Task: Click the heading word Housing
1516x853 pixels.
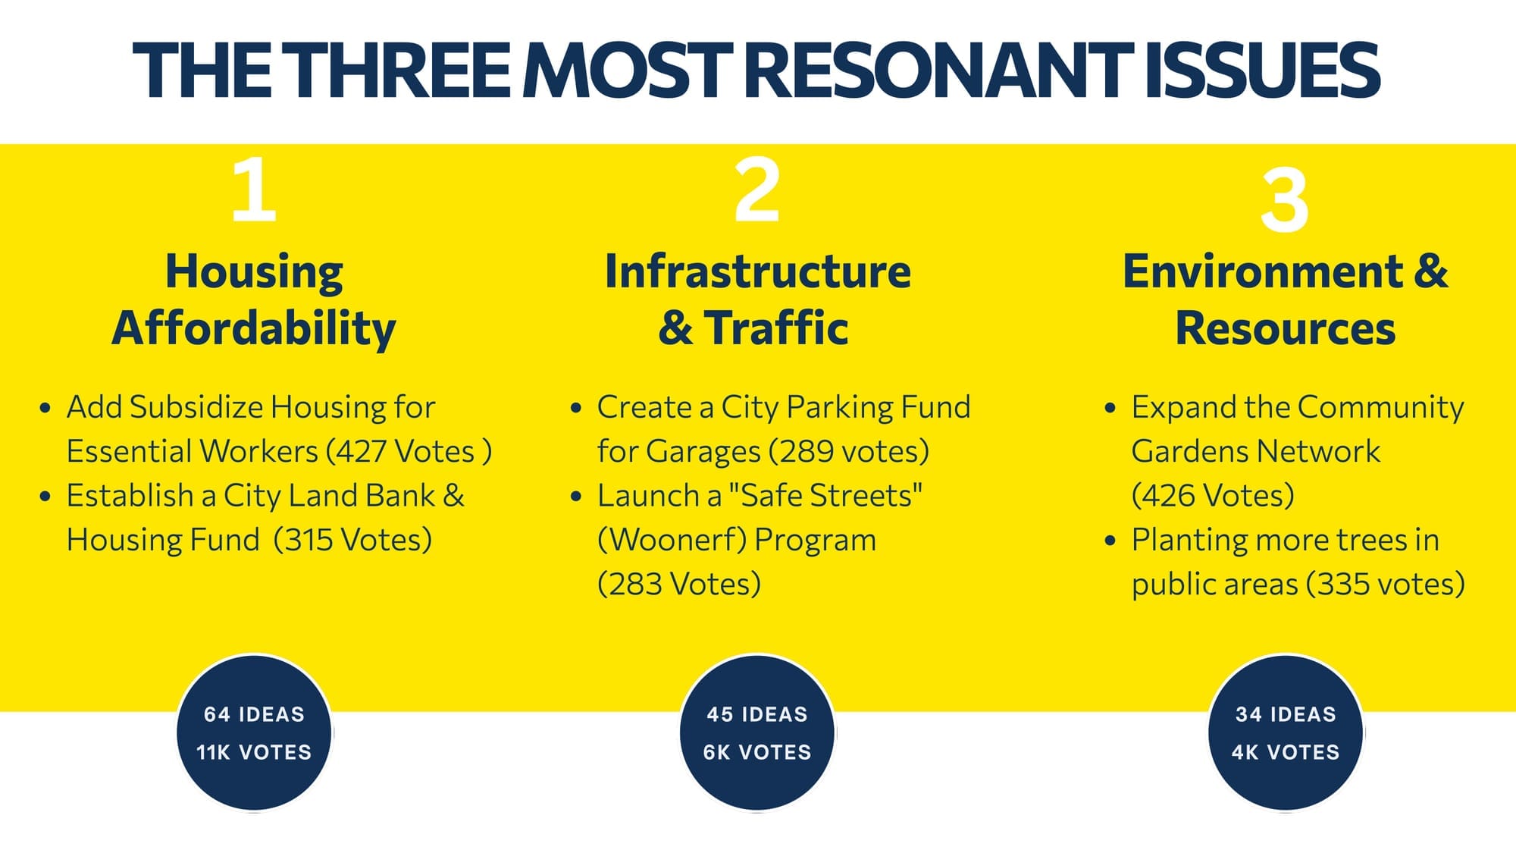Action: pos(254,271)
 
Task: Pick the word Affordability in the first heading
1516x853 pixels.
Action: pos(254,328)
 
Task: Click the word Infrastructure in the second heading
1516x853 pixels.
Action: pos(757,271)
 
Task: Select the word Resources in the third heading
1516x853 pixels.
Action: pos(1285,328)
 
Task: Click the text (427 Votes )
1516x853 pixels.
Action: pos(409,452)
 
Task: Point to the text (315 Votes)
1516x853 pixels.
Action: pos(352,541)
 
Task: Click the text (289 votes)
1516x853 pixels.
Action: pos(849,452)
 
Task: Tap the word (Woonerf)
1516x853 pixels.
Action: pos(672,541)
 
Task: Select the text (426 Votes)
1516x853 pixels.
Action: pos(1213,496)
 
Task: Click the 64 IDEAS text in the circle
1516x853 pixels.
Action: pos(254,714)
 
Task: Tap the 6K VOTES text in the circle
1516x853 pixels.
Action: pos(756,752)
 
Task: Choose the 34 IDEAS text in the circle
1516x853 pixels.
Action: pos(1285,714)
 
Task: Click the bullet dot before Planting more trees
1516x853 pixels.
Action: pos(1110,541)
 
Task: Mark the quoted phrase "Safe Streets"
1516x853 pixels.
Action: pos(825,496)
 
